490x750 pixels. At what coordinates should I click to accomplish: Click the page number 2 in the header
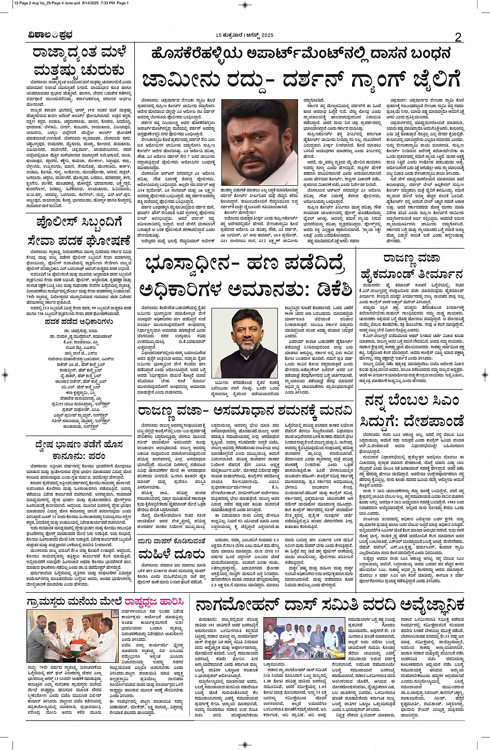click(458, 36)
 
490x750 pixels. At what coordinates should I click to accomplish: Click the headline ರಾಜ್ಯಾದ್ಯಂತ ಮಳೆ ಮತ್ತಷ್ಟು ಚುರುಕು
click(76, 61)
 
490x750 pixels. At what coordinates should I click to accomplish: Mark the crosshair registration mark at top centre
click(245, 4)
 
